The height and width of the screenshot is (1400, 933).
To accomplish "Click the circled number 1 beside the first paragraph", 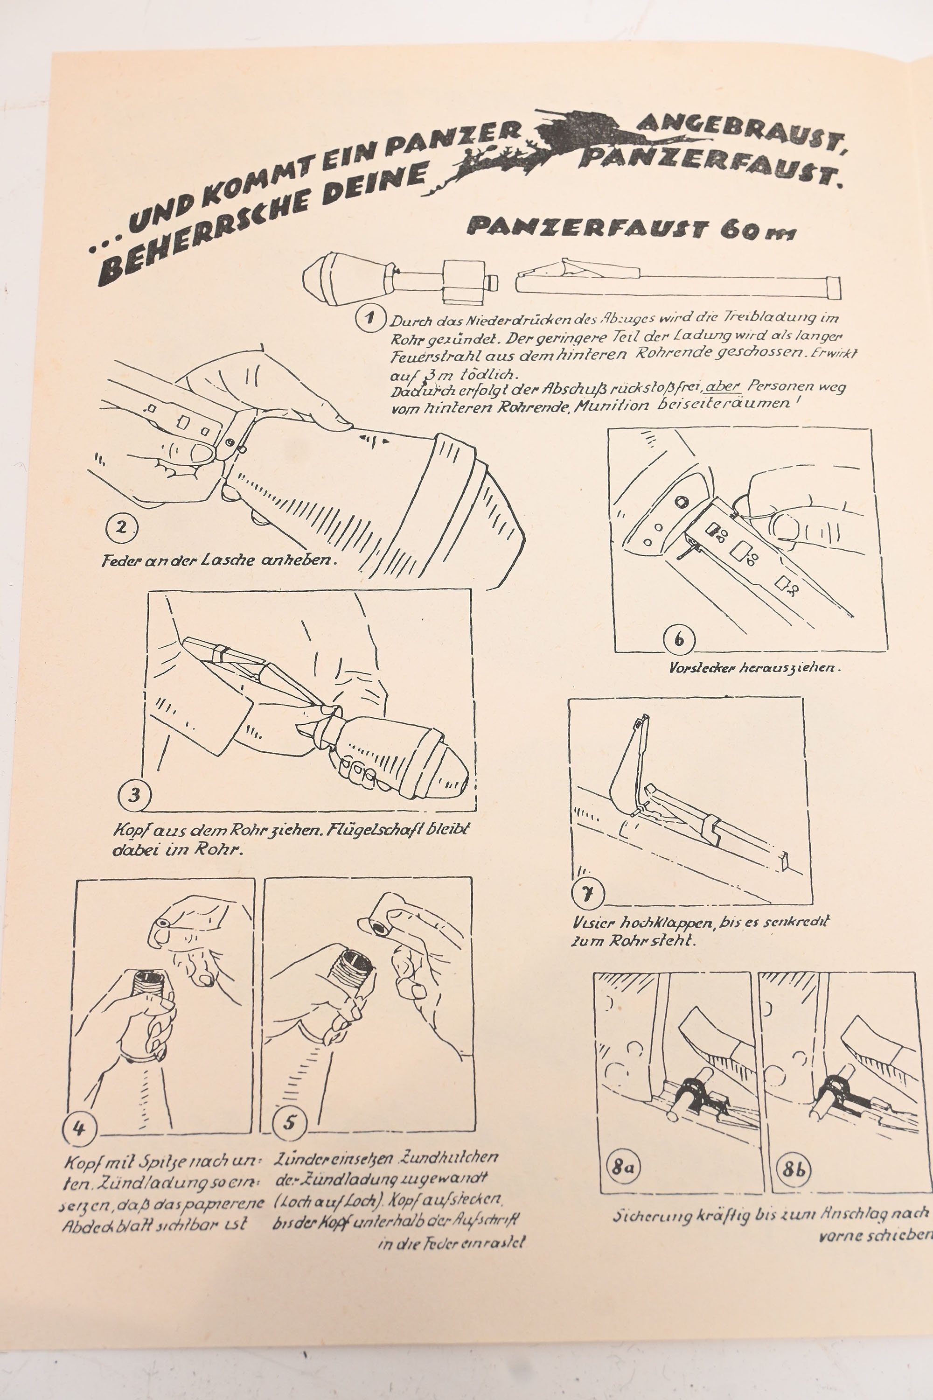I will pyautogui.click(x=370, y=317).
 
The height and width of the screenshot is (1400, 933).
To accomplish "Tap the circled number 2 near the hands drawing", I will pyautogui.click(x=121, y=527).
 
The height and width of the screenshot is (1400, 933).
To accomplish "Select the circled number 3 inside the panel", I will pyautogui.click(x=134, y=795).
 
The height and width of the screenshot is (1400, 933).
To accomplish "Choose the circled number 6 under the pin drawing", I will pyautogui.click(x=679, y=640).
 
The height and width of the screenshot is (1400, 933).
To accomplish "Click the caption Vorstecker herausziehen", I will pyautogui.click(x=754, y=667).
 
